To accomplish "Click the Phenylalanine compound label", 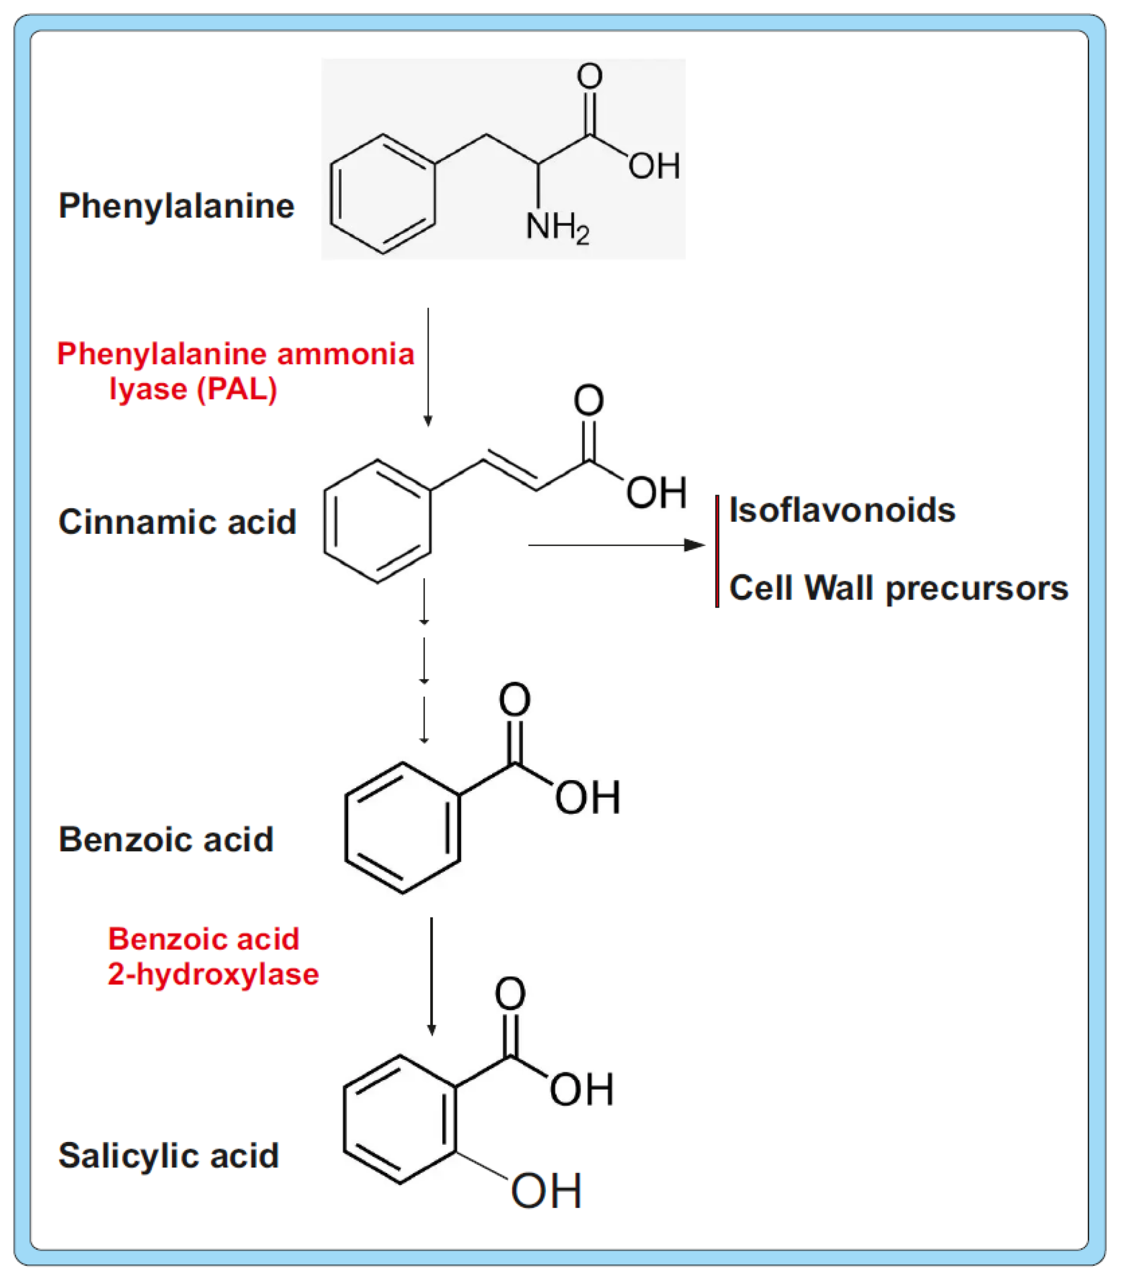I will [x=177, y=206].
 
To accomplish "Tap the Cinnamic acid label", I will [x=177, y=522].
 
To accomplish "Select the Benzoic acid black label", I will [x=166, y=839].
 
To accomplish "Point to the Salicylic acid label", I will [x=169, y=1155].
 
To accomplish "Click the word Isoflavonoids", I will [x=842, y=510].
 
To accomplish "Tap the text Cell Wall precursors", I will [x=898, y=588].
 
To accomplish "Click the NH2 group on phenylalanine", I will [x=557, y=227].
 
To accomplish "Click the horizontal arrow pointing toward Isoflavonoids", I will [x=616, y=546].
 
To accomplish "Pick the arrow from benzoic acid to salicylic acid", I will [x=431, y=976].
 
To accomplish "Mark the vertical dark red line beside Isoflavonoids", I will [x=717, y=551].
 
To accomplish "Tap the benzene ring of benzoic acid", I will [x=402, y=827].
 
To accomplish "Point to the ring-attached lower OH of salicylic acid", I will [x=546, y=1191].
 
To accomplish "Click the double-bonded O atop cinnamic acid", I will [x=588, y=401].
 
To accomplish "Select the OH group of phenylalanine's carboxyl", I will [x=654, y=166].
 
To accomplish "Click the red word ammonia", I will [x=346, y=354].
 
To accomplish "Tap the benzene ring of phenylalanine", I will [x=383, y=194].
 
